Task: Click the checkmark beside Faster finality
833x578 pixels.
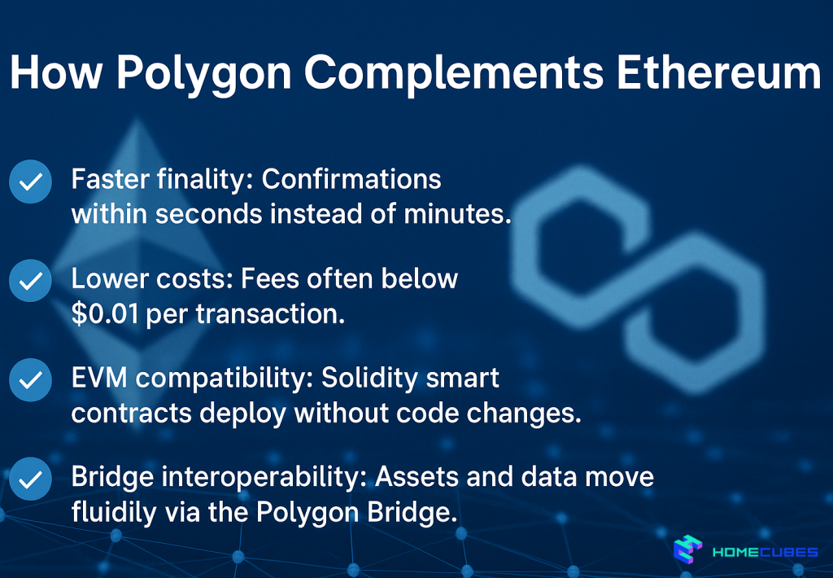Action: pyautogui.click(x=31, y=182)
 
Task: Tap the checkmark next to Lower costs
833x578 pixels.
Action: pyautogui.click(x=31, y=281)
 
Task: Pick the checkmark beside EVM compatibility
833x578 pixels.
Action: pyautogui.click(x=31, y=380)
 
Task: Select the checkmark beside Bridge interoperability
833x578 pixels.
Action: pyautogui.click(x=31, y=479)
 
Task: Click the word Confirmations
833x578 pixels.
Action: pyautogui.click(x=351, y=179)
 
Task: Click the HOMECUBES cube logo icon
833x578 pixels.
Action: pyautogui.click(x=687, y=550)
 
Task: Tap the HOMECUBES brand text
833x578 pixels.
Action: pyautogui.click(x=764, y=552)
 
